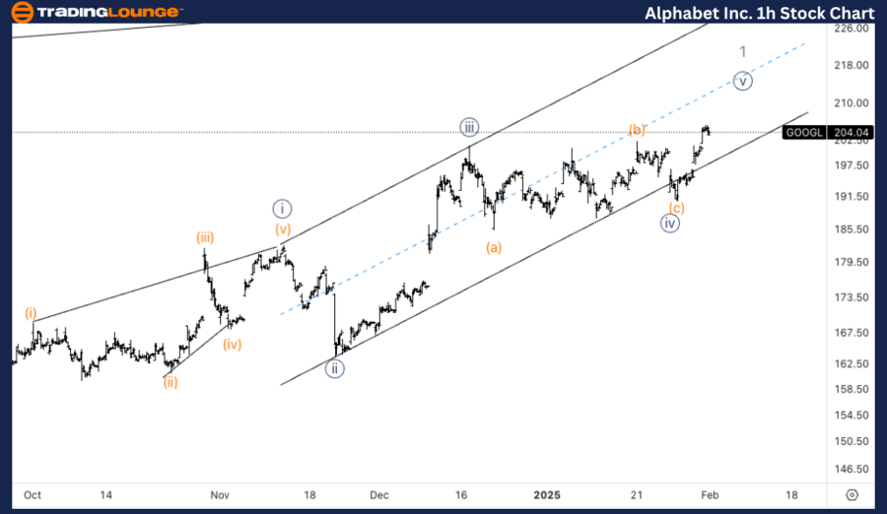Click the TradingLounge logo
tap(97, 13)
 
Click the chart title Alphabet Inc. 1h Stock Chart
tap(759, 13)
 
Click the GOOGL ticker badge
tap(803, 132)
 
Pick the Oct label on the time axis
tap(32, 494)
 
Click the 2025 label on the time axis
tap(546, 494)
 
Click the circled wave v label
tap(743, 81)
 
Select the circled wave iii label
tap(468, 126)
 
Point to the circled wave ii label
tap(336, 369)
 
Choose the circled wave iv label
tap(670, 224)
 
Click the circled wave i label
tap(283, 208)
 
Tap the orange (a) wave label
tap(494, 248)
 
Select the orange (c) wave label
tap(676, 208)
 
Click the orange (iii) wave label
tap(205, 237)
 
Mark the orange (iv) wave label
tap(232, 345)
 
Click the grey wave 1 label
tap(743, 51)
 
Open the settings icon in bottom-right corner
tap(853, 494)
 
